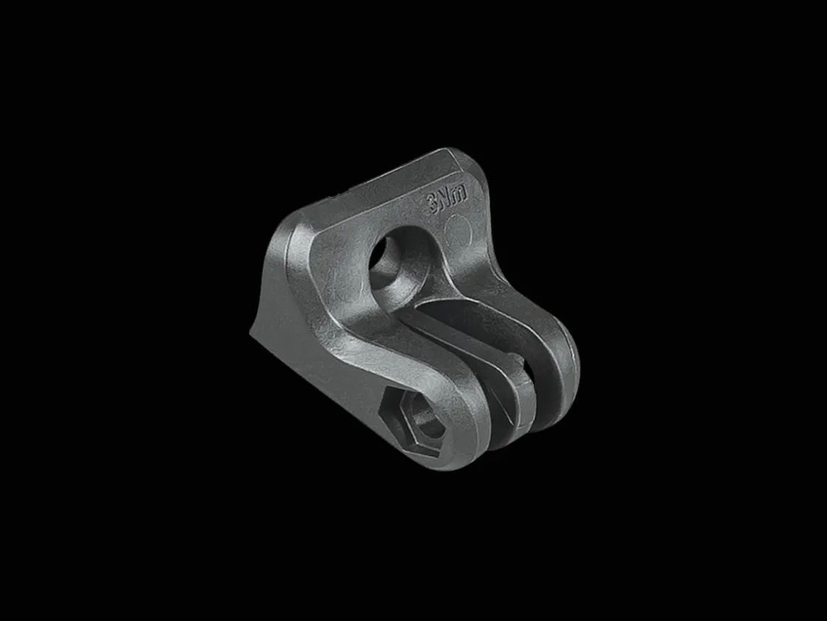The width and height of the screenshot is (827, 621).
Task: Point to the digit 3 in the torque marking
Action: [x=433, y=203]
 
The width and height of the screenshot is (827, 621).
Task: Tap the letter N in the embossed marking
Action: [x=446, y=199]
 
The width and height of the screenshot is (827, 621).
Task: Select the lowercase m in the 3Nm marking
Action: [x=460, y=194]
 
